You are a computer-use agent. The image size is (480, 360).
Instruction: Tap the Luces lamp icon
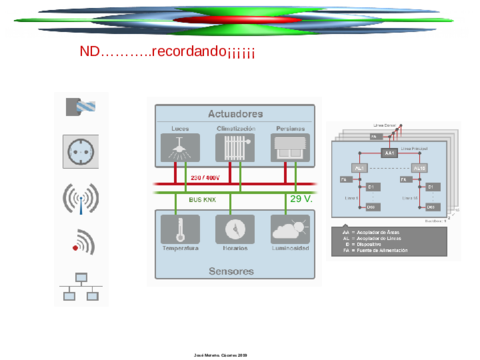coord(180,148)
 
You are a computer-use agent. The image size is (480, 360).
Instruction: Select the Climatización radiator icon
coord(236,148)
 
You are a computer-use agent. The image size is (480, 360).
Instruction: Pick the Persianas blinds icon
coord(290,148)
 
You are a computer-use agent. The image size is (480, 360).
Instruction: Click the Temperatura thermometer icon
coord(180,229)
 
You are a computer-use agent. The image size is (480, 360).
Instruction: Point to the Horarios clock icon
coord(235,229)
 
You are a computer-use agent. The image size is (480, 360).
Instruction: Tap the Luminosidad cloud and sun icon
coord(289,229)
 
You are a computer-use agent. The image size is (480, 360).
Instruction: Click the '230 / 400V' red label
coord(203,178)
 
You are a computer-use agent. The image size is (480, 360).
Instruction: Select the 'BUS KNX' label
coord(202,199)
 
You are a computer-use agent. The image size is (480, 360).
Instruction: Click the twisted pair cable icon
coord(81,107)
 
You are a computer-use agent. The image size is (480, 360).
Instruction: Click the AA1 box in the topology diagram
coord(388,154)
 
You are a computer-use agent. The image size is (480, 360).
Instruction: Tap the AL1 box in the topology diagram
coord(357,167)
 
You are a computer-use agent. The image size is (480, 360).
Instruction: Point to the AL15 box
coord(419,167)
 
